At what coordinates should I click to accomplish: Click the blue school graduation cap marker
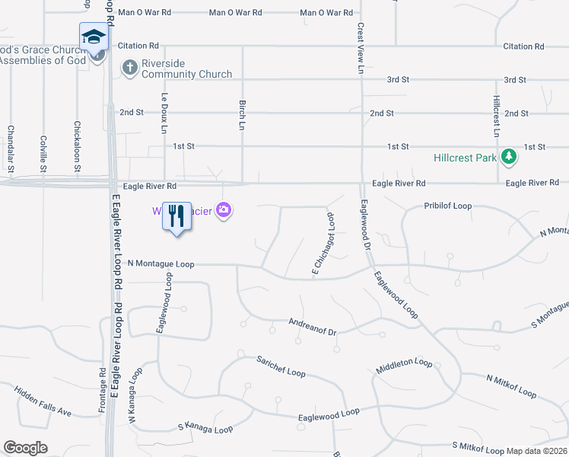point(93,37)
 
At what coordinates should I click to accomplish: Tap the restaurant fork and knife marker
point(176,216)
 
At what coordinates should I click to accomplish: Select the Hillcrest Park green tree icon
point(509,158)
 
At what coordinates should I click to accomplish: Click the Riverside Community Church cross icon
point(129,69)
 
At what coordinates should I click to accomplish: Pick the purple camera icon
point(224,209)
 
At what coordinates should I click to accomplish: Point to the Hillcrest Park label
point(465,158)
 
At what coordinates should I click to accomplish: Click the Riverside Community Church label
point(186,69)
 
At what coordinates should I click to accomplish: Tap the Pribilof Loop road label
point(448,206)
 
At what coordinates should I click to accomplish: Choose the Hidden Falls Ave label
point(43,401)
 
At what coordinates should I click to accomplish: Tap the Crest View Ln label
point(361,47)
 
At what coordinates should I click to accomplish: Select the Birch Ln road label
point(243,113)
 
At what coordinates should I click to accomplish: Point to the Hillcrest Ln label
point(496,116)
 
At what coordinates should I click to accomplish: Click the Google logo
point(25,447)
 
